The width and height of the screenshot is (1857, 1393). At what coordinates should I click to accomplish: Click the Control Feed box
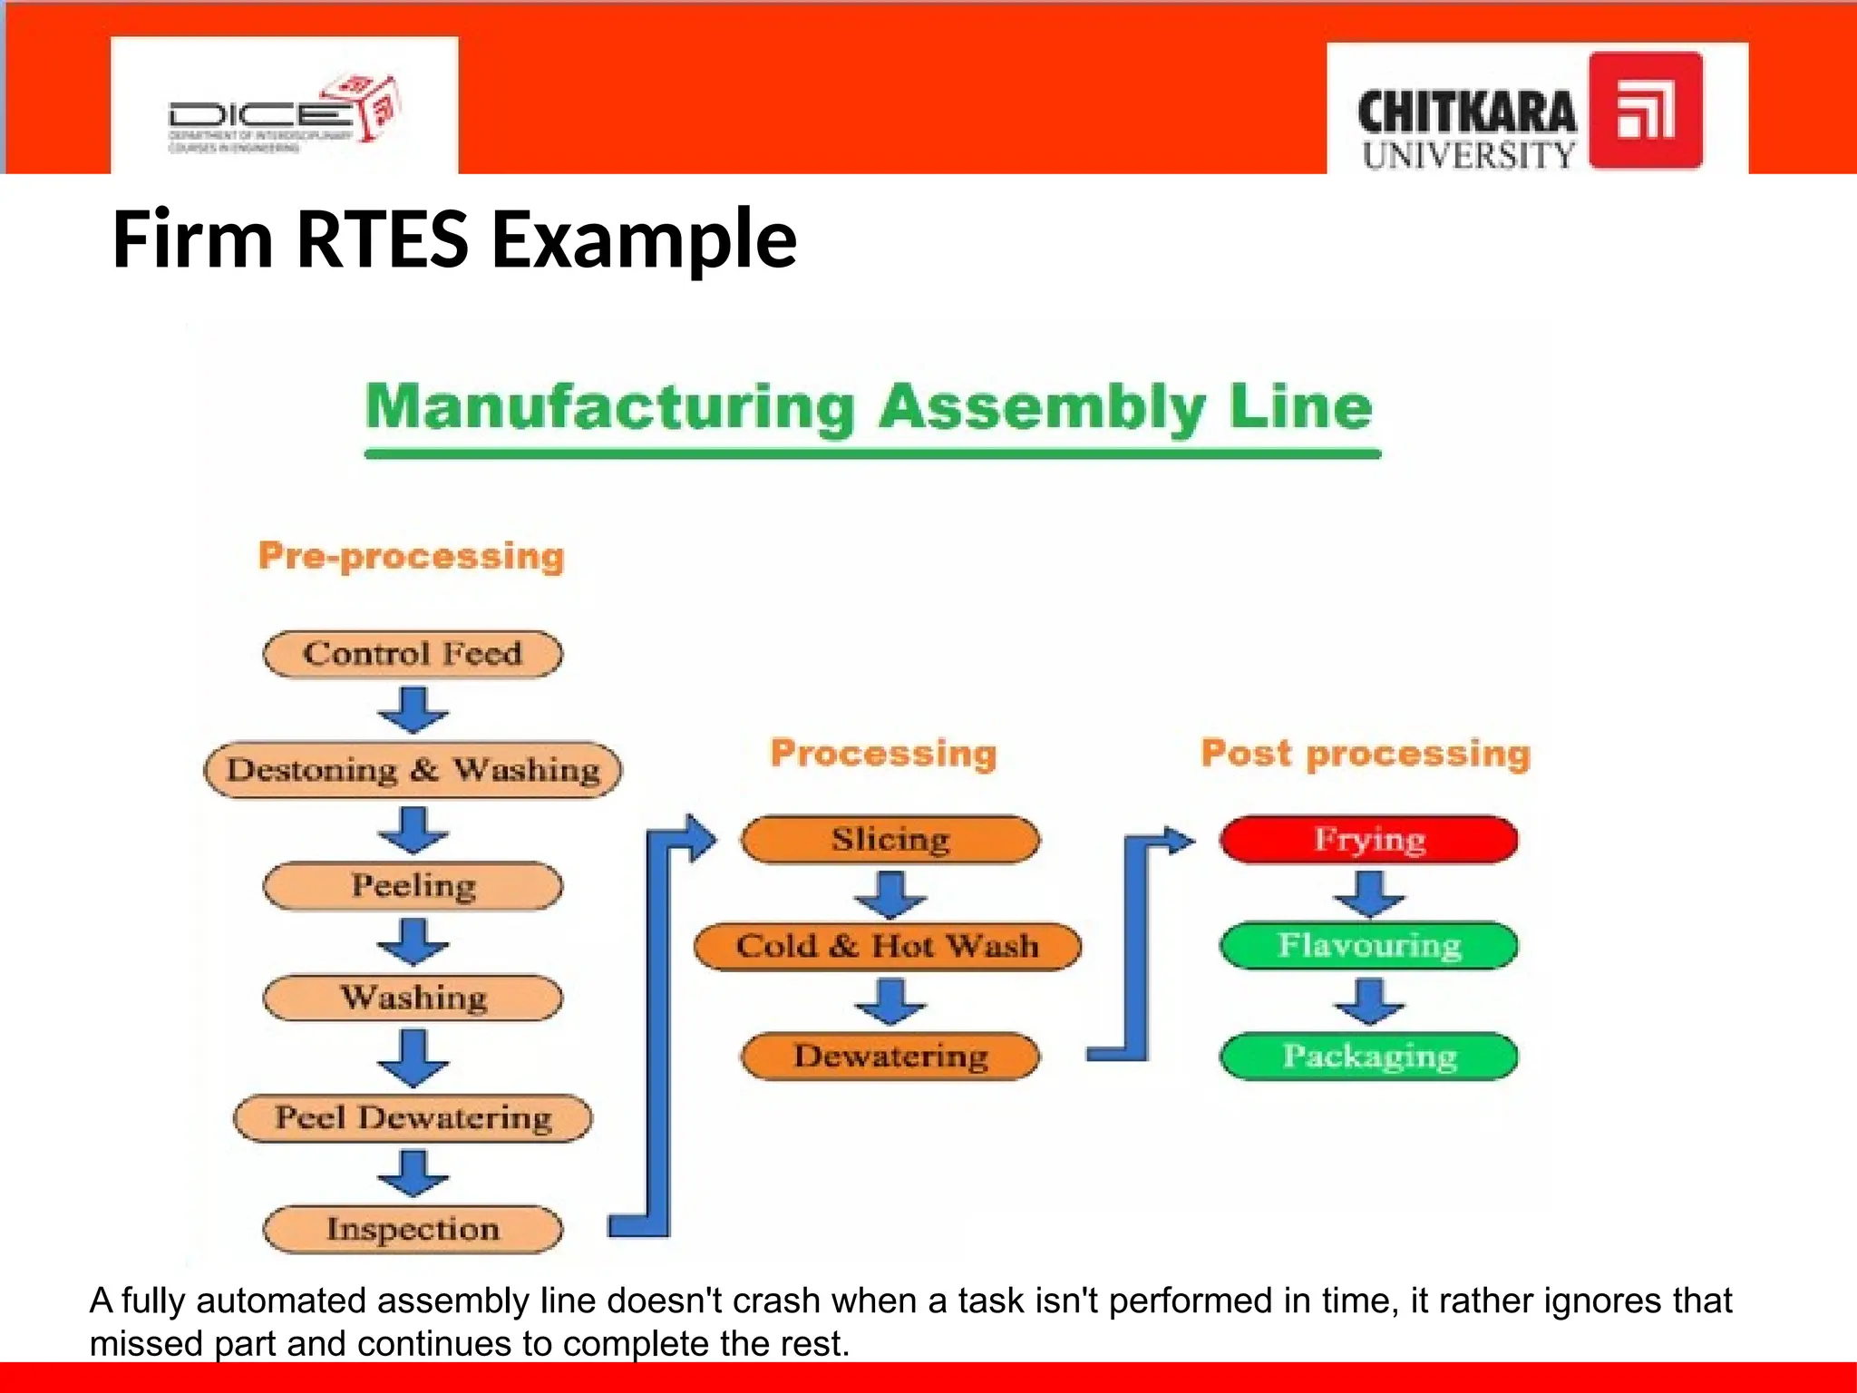point(413,654)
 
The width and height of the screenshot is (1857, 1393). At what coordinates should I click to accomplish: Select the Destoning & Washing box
point(413,770)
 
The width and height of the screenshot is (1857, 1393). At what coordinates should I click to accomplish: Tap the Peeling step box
point(413,885)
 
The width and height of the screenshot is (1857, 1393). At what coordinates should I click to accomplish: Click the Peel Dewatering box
point(413,1117)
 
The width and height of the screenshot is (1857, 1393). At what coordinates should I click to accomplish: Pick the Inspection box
point(413,1229)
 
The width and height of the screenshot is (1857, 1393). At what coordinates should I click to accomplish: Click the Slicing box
point(890,839)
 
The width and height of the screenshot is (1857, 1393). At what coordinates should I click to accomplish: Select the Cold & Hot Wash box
point(887,946)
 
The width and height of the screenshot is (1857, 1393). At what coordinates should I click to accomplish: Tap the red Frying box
point(1368,839)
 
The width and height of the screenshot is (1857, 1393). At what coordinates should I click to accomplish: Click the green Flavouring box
point(1368,946)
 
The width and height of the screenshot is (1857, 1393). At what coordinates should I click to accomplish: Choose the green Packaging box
point(1368,1056)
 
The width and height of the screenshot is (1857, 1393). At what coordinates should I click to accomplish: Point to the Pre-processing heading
point(411,556)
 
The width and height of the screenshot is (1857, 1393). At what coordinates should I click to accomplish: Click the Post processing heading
point(1366,754)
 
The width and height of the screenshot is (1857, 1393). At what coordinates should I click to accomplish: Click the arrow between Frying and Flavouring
point(1368,894)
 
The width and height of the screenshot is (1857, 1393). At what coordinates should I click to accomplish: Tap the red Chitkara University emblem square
point(1645,111)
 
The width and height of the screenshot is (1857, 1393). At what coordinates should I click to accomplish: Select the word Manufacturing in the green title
point(609,407)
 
